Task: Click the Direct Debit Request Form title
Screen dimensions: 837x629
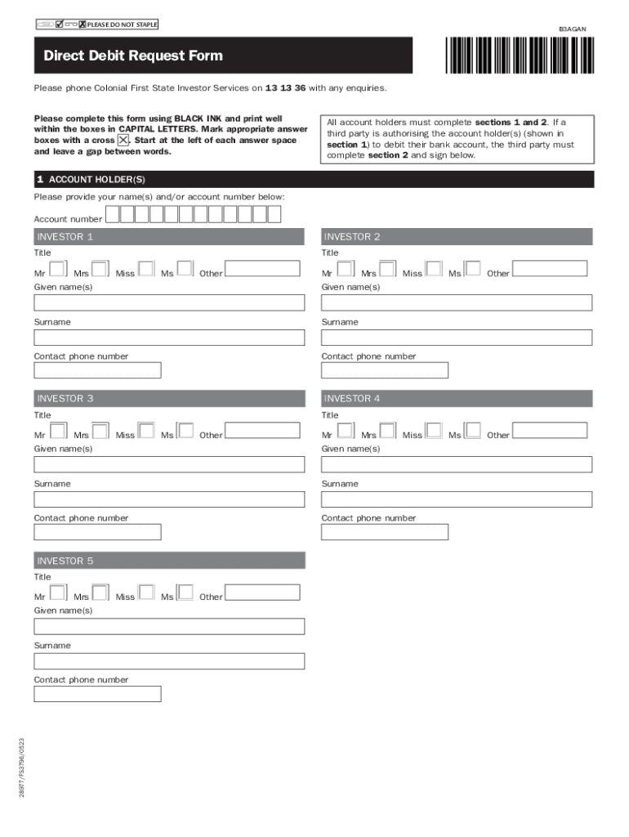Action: click(x=133, y=56)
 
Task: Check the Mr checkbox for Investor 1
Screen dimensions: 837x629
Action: click(x=58, y=269)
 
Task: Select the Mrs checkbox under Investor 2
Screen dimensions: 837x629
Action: click(x=387, y=269)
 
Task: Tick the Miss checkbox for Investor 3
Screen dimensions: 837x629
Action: click(x=146, y=431)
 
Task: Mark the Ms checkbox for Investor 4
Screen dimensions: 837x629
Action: click(x=472, y=431)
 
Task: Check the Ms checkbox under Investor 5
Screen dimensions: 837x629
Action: click(x=185, y=593)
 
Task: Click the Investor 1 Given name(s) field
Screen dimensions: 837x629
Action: click(x=169, y=302)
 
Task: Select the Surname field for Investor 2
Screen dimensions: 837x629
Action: click(x=457, y=337)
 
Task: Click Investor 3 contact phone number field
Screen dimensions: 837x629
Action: click(x=97, y=532)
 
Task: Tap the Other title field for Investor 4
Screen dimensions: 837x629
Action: click(x=549, y=431)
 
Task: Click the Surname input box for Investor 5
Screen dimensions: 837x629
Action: click(x=169, y=660)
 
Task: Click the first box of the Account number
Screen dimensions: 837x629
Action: click(x=113, y=214)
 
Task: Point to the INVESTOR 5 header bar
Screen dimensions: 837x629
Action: click(x=169, y=561)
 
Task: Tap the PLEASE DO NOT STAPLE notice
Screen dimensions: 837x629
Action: click(x=122, y=24)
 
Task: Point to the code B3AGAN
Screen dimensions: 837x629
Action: click(x=572, y=29)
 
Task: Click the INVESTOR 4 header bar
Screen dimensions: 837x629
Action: click(x=457, y=399)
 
